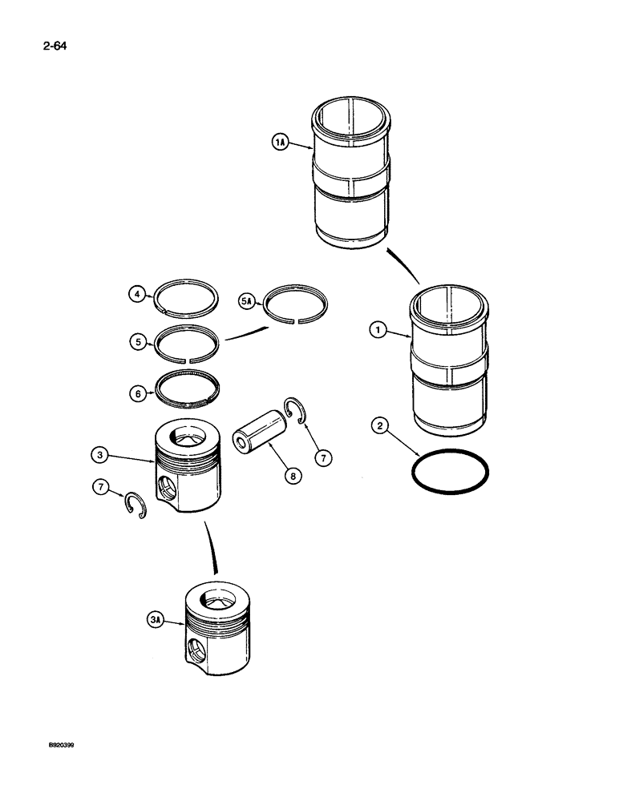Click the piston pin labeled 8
(258, 430)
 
